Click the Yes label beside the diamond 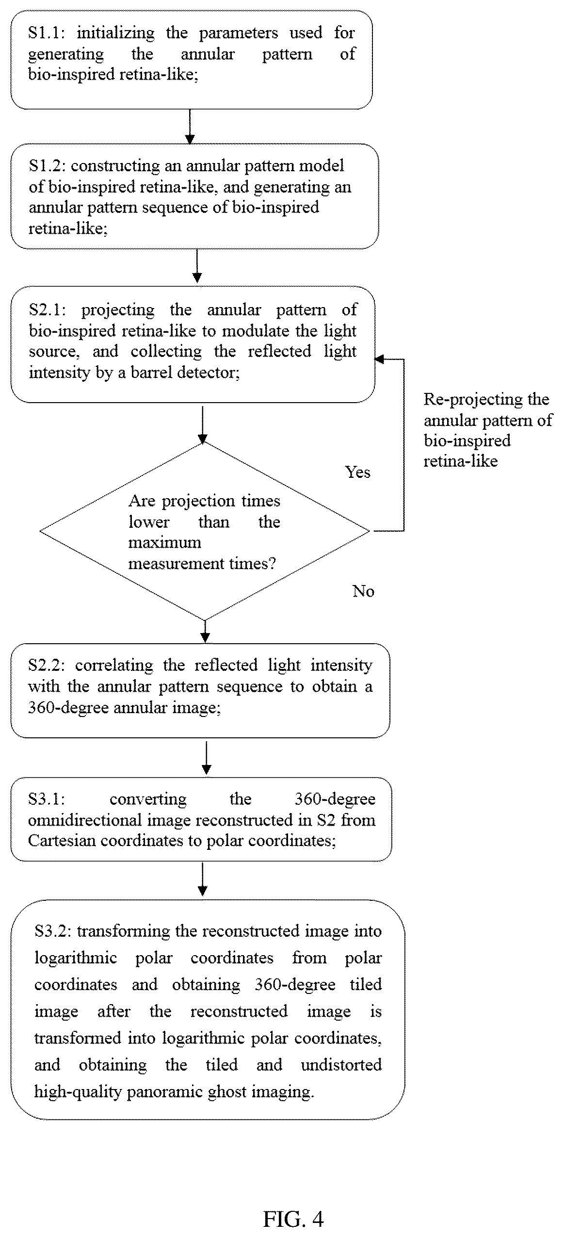[358, 472]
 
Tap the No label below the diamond [363, 591]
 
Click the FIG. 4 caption [293, 1220]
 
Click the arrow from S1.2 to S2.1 [197, 266]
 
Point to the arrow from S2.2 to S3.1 [206, 758]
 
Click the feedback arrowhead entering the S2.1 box [379, 359]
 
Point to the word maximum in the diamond [164, 542]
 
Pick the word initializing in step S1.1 [115, 33]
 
